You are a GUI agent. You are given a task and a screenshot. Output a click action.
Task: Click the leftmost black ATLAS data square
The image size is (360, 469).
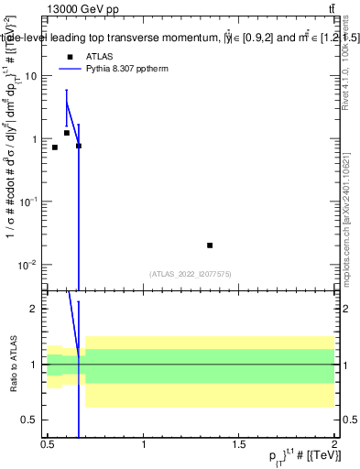[x=55, y=147]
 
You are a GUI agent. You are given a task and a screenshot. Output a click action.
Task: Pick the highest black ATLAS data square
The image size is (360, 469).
[x=67, y=133]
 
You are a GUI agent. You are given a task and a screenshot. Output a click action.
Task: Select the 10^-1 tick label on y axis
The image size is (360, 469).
[x=31, y=202]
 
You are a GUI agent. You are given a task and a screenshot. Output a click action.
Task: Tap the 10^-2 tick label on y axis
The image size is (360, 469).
[x=31, y=265]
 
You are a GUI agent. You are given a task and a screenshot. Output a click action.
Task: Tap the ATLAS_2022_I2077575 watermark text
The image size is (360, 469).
[x=191, y=273]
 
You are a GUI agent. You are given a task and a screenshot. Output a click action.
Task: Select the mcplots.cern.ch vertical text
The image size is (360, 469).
[x=349, y=211]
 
